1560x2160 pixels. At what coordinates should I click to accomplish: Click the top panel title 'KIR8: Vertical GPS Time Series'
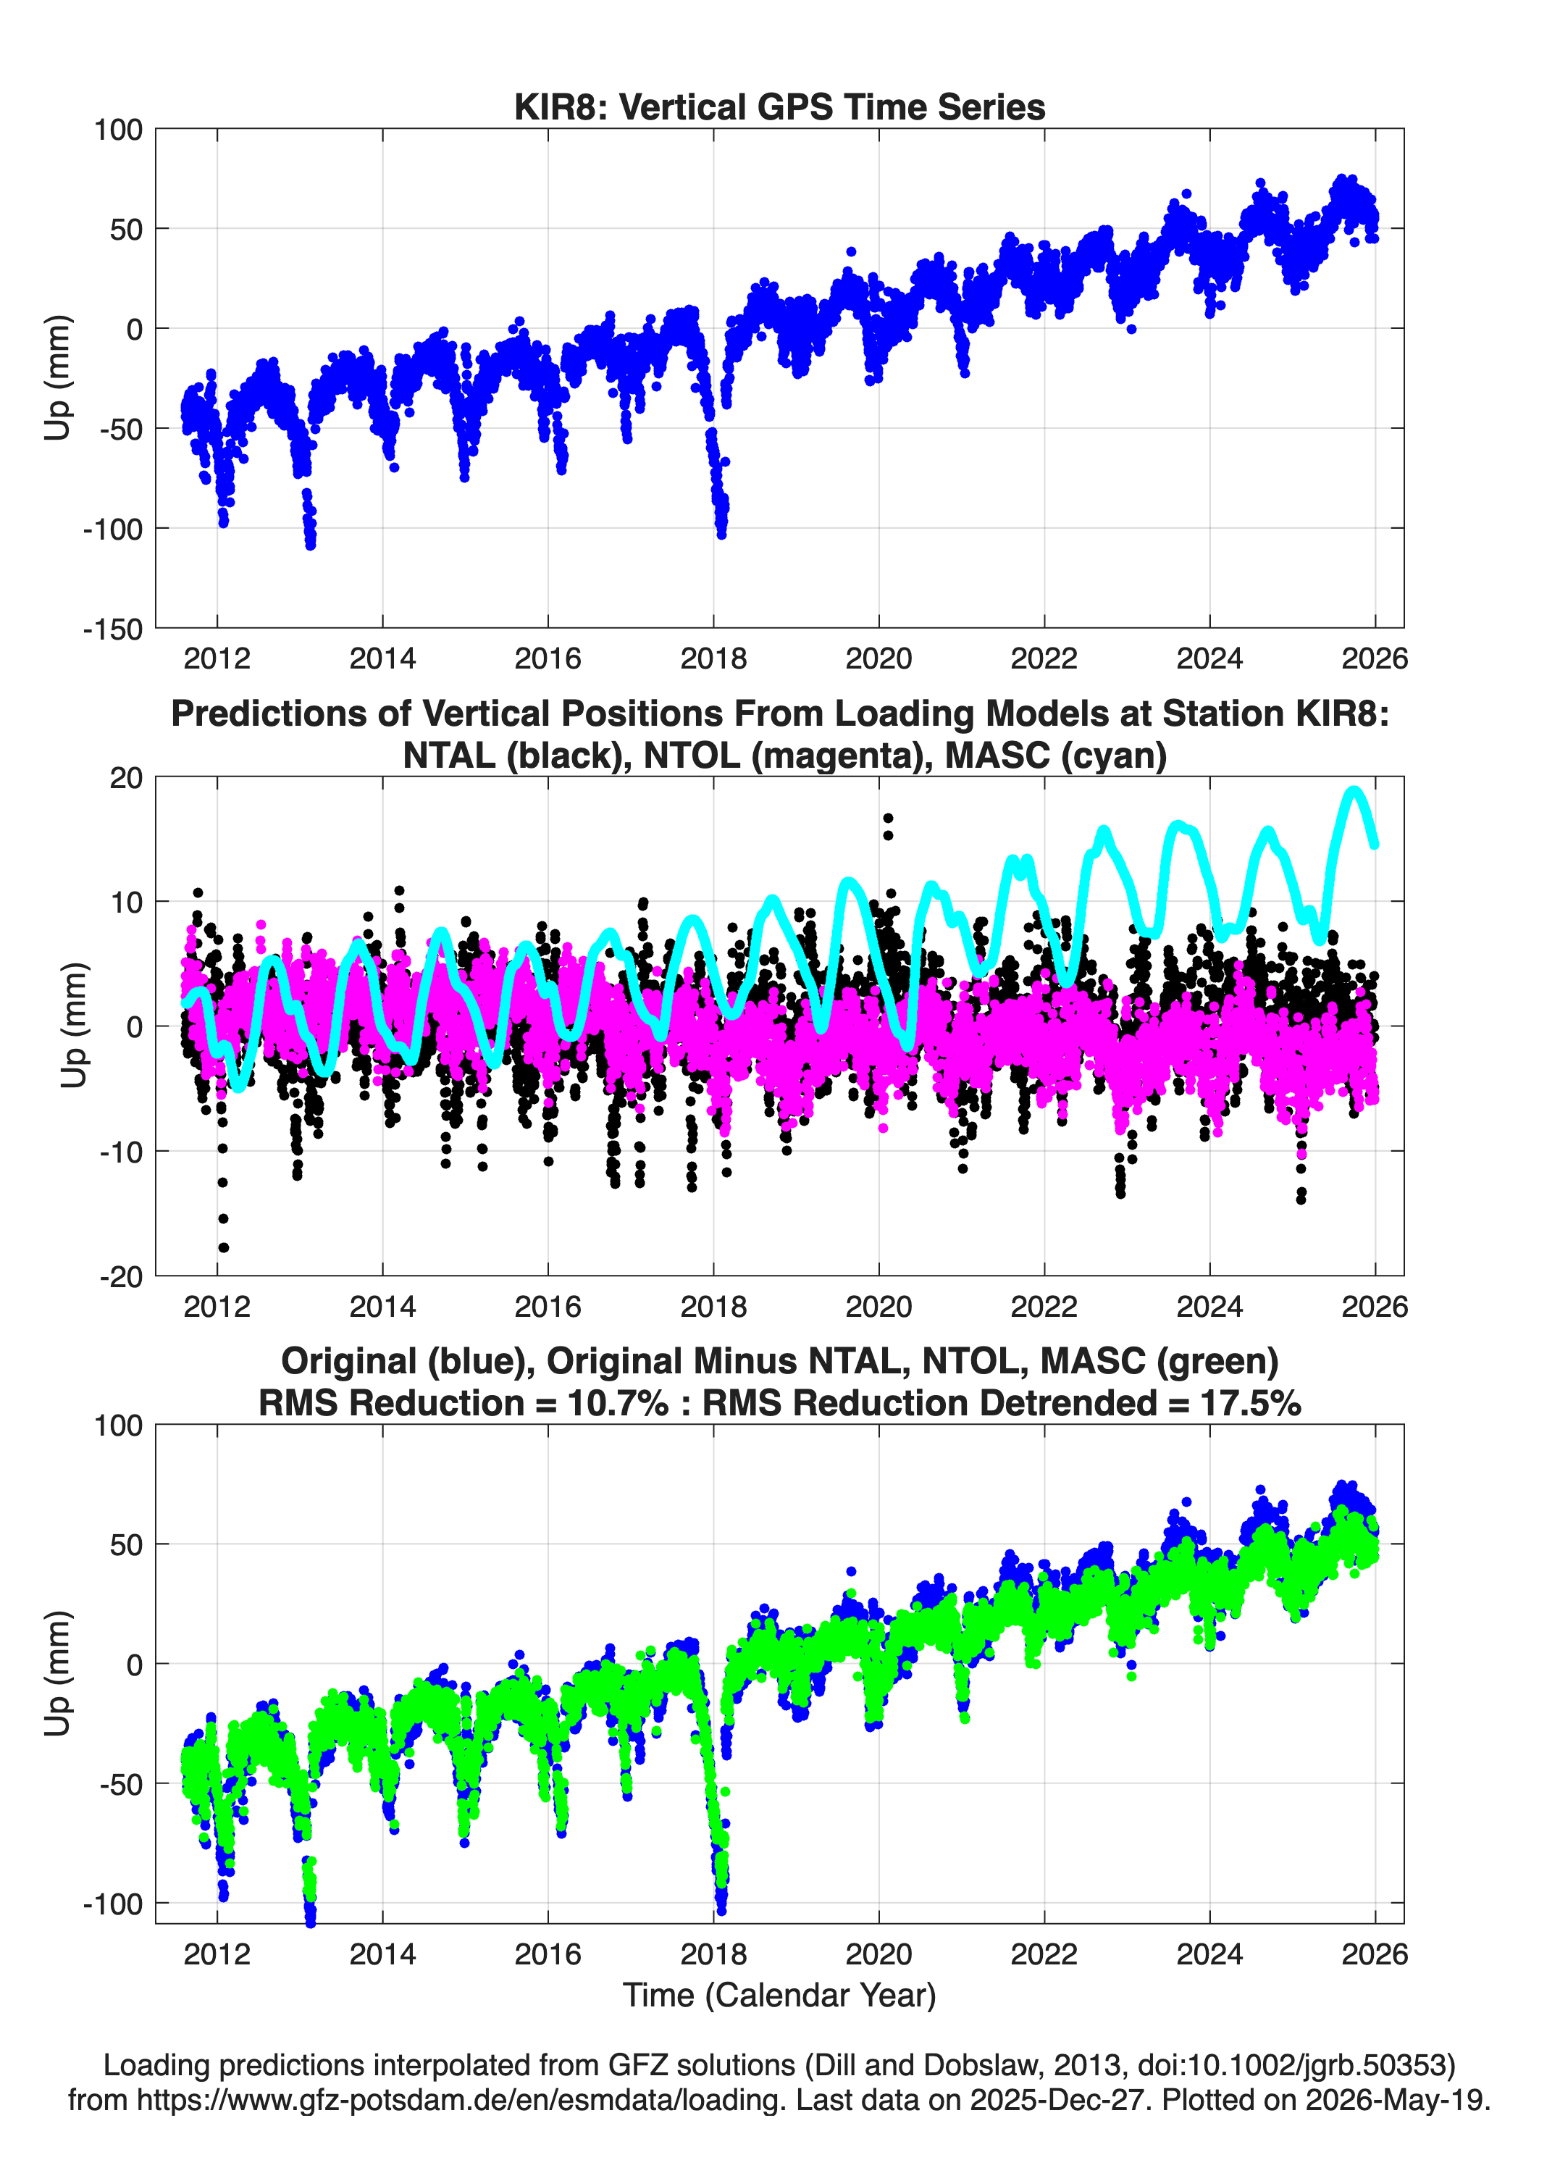(779, 106)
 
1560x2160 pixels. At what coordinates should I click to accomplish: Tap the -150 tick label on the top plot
(112, 629)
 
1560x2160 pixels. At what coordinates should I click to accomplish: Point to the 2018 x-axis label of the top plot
(713, 658)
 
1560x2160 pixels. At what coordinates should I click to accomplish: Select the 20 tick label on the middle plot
(126, 777)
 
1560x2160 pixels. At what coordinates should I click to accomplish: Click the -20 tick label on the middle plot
(121, 1277)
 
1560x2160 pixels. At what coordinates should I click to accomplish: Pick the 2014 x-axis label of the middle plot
(383, 1306)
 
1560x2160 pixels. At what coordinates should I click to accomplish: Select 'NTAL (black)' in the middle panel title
(514, 755)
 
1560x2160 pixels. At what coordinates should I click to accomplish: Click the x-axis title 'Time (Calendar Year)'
(779, 1993)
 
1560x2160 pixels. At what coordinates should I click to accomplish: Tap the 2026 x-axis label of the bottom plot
(1375, 1954)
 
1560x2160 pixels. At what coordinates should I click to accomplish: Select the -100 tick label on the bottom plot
(112, 1904)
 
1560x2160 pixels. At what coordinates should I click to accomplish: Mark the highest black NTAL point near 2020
(888, 817)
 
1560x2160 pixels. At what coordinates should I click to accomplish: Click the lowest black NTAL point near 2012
(224, 1247)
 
